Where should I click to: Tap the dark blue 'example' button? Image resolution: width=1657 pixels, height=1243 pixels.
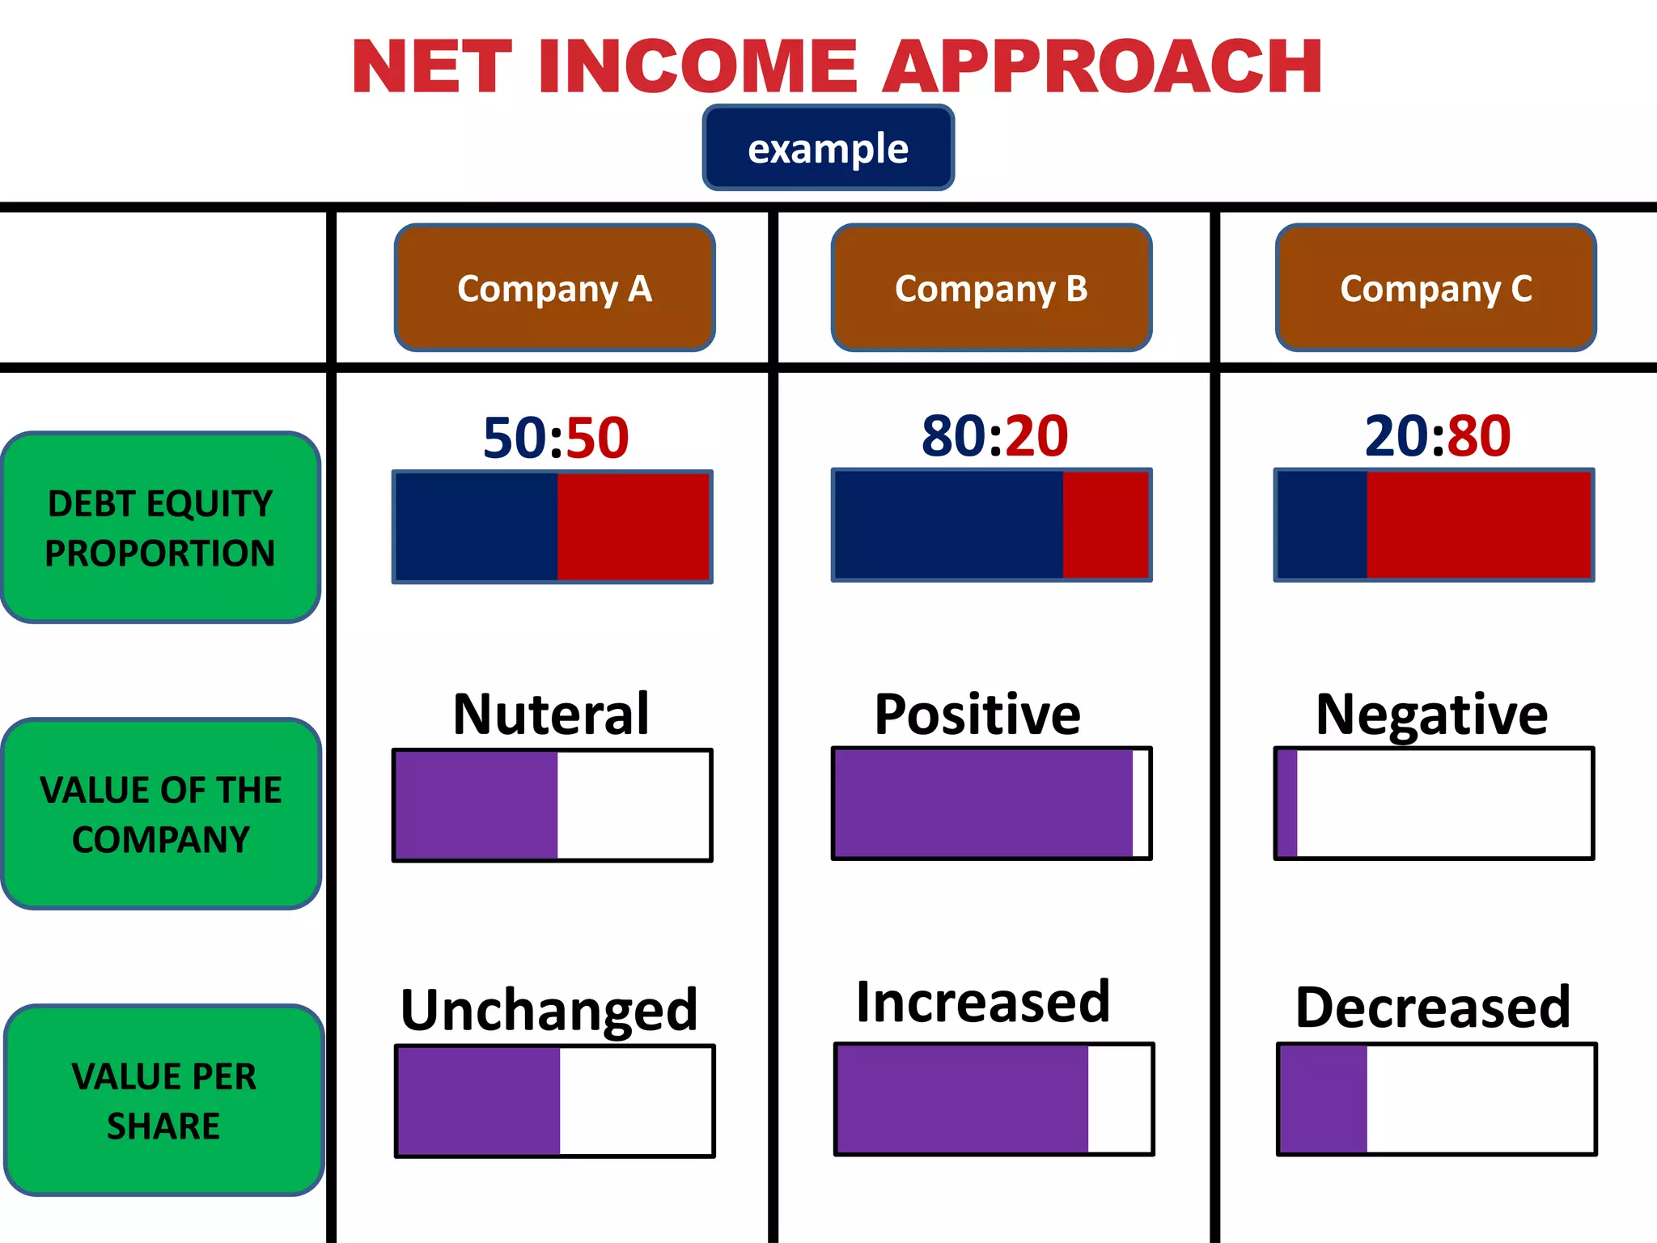click(x=828, y=148)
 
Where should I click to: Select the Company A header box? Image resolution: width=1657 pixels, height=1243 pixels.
click(x=554, y=288)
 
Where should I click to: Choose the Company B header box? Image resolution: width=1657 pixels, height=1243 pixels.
click(x=991, y=288)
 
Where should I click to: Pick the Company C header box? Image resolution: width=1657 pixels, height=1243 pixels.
click(x=1435, y=288)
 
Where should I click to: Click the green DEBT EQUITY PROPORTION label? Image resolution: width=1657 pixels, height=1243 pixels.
click(x=160, y=528)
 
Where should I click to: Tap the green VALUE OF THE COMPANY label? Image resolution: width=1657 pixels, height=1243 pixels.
click(x=161, y=814)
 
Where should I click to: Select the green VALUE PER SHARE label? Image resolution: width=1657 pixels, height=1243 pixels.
click(x=163, y=1101)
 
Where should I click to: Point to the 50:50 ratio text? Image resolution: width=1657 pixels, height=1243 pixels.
click(x=556, y=438)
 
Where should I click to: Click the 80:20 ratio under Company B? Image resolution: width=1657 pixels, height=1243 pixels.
click(x=994, y=436)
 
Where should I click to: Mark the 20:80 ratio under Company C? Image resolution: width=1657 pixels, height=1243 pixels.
click(x=1437, y=436)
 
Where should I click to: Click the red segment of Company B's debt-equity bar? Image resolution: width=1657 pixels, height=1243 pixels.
click(x=1105, y=525)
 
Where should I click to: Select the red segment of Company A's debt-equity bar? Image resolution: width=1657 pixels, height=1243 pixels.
click(x=633, y=527)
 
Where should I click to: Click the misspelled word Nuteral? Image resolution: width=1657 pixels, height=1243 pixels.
click(x=551, y=715)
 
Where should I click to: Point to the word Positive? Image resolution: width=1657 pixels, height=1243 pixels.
click(x=977, y=715)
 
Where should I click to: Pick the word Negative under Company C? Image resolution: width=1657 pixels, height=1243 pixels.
click(x=1431, y=715)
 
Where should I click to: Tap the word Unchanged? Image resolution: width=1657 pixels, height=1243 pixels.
click(x=549, y=1010)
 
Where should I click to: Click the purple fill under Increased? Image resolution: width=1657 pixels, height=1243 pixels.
click(x=962, y=1099)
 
